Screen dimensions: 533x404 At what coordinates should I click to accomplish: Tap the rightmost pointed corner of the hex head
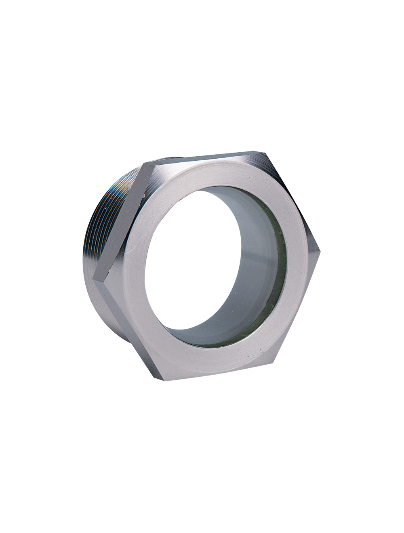pyautogui.click(x=320, y=250)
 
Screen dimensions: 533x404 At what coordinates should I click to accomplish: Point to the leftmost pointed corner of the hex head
pyautogui.click(x=94, y=279)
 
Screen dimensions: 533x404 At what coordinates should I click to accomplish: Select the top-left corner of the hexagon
pyautogui.click(x=144, y=164)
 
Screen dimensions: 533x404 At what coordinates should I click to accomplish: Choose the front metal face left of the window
pyautogui.click(x=135, y=275)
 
